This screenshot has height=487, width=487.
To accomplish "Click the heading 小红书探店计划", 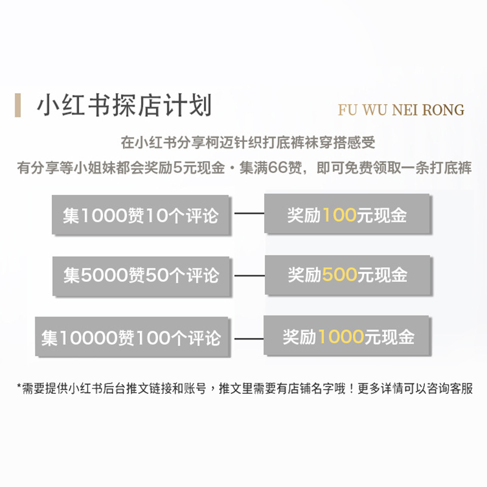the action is tap(124, 105).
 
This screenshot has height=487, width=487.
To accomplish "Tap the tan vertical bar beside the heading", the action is tap(18, 105).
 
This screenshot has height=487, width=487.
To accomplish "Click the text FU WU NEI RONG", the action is tap(401, 110).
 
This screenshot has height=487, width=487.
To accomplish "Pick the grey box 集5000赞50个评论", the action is tap(141, 275).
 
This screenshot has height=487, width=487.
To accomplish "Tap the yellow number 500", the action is tap(340, 275).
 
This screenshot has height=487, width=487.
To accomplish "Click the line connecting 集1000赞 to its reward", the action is tap(249, 214).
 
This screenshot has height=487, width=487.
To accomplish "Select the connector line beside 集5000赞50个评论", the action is tap(249, 275).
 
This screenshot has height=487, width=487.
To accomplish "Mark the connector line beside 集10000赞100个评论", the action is tap(249, 337).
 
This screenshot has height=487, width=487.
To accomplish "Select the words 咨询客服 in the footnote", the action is tap(448, 388).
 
